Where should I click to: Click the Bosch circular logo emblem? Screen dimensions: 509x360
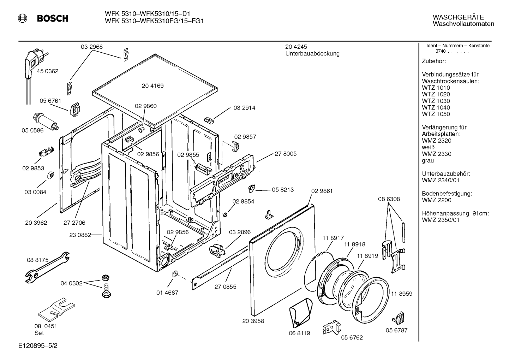[23, 18]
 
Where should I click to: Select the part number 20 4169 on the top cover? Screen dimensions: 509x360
[153, 86]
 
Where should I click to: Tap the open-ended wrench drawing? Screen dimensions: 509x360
[47, 267]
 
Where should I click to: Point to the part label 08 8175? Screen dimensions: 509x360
[38, 260]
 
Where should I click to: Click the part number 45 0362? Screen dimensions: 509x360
[48, 71]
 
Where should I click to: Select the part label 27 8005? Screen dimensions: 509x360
[286, 154]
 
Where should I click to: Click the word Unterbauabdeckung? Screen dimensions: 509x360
[312, 54]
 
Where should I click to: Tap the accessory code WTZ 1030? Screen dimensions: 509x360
[436, 101]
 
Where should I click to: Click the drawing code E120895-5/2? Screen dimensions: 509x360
[38, 346]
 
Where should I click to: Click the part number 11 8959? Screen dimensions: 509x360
[402, 294]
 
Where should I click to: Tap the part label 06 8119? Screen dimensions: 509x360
[299, 333]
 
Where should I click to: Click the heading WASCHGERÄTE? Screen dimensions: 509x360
[458, 17]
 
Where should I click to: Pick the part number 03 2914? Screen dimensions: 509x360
[245, 108]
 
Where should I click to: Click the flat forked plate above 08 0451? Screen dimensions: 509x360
[56, 308]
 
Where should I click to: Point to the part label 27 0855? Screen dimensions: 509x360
[226, 287]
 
